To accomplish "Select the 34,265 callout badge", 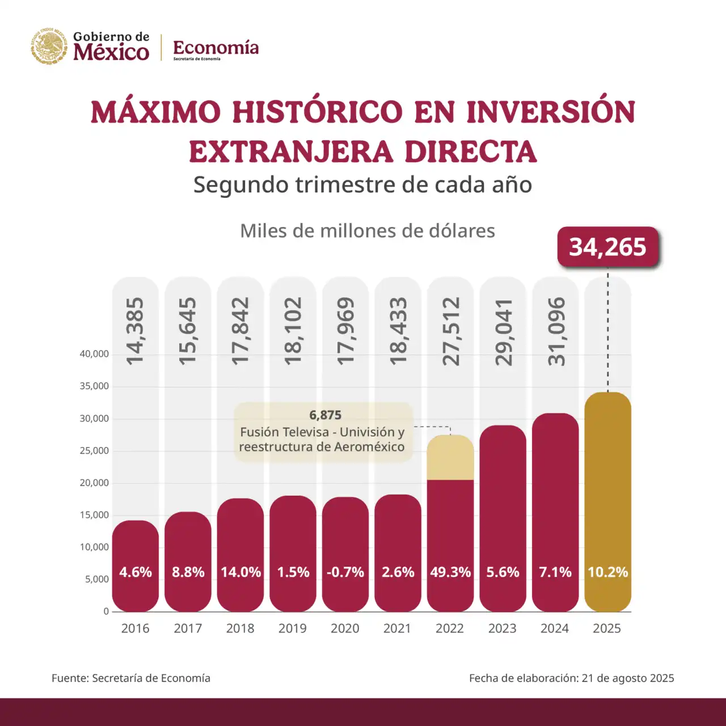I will [x=607, y=247].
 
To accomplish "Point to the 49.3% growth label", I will [x=450, y=572].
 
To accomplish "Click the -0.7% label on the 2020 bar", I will [x=345, y=572].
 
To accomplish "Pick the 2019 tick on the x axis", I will [x=293, y=628].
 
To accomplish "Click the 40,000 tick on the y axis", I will [x=94, y=354].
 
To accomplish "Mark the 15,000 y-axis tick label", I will [x=94, y=515].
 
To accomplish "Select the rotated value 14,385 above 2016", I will [x=135, y=331].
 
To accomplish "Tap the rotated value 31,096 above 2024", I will [x=556, y=331].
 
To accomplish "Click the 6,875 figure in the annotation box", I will [x=325, y=415].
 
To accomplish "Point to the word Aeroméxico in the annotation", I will [x=369, y=447].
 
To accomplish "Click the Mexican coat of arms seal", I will [x=49, y=46].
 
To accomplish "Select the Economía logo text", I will [x=216, y=48].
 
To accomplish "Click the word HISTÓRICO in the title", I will [x=317, y=112].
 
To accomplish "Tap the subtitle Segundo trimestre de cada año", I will [x=363, y=185].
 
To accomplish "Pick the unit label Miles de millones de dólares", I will [x=368, y=231].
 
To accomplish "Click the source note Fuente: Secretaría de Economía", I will [x=131, y=678].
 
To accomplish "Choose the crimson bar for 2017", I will [x=188, y=562].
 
